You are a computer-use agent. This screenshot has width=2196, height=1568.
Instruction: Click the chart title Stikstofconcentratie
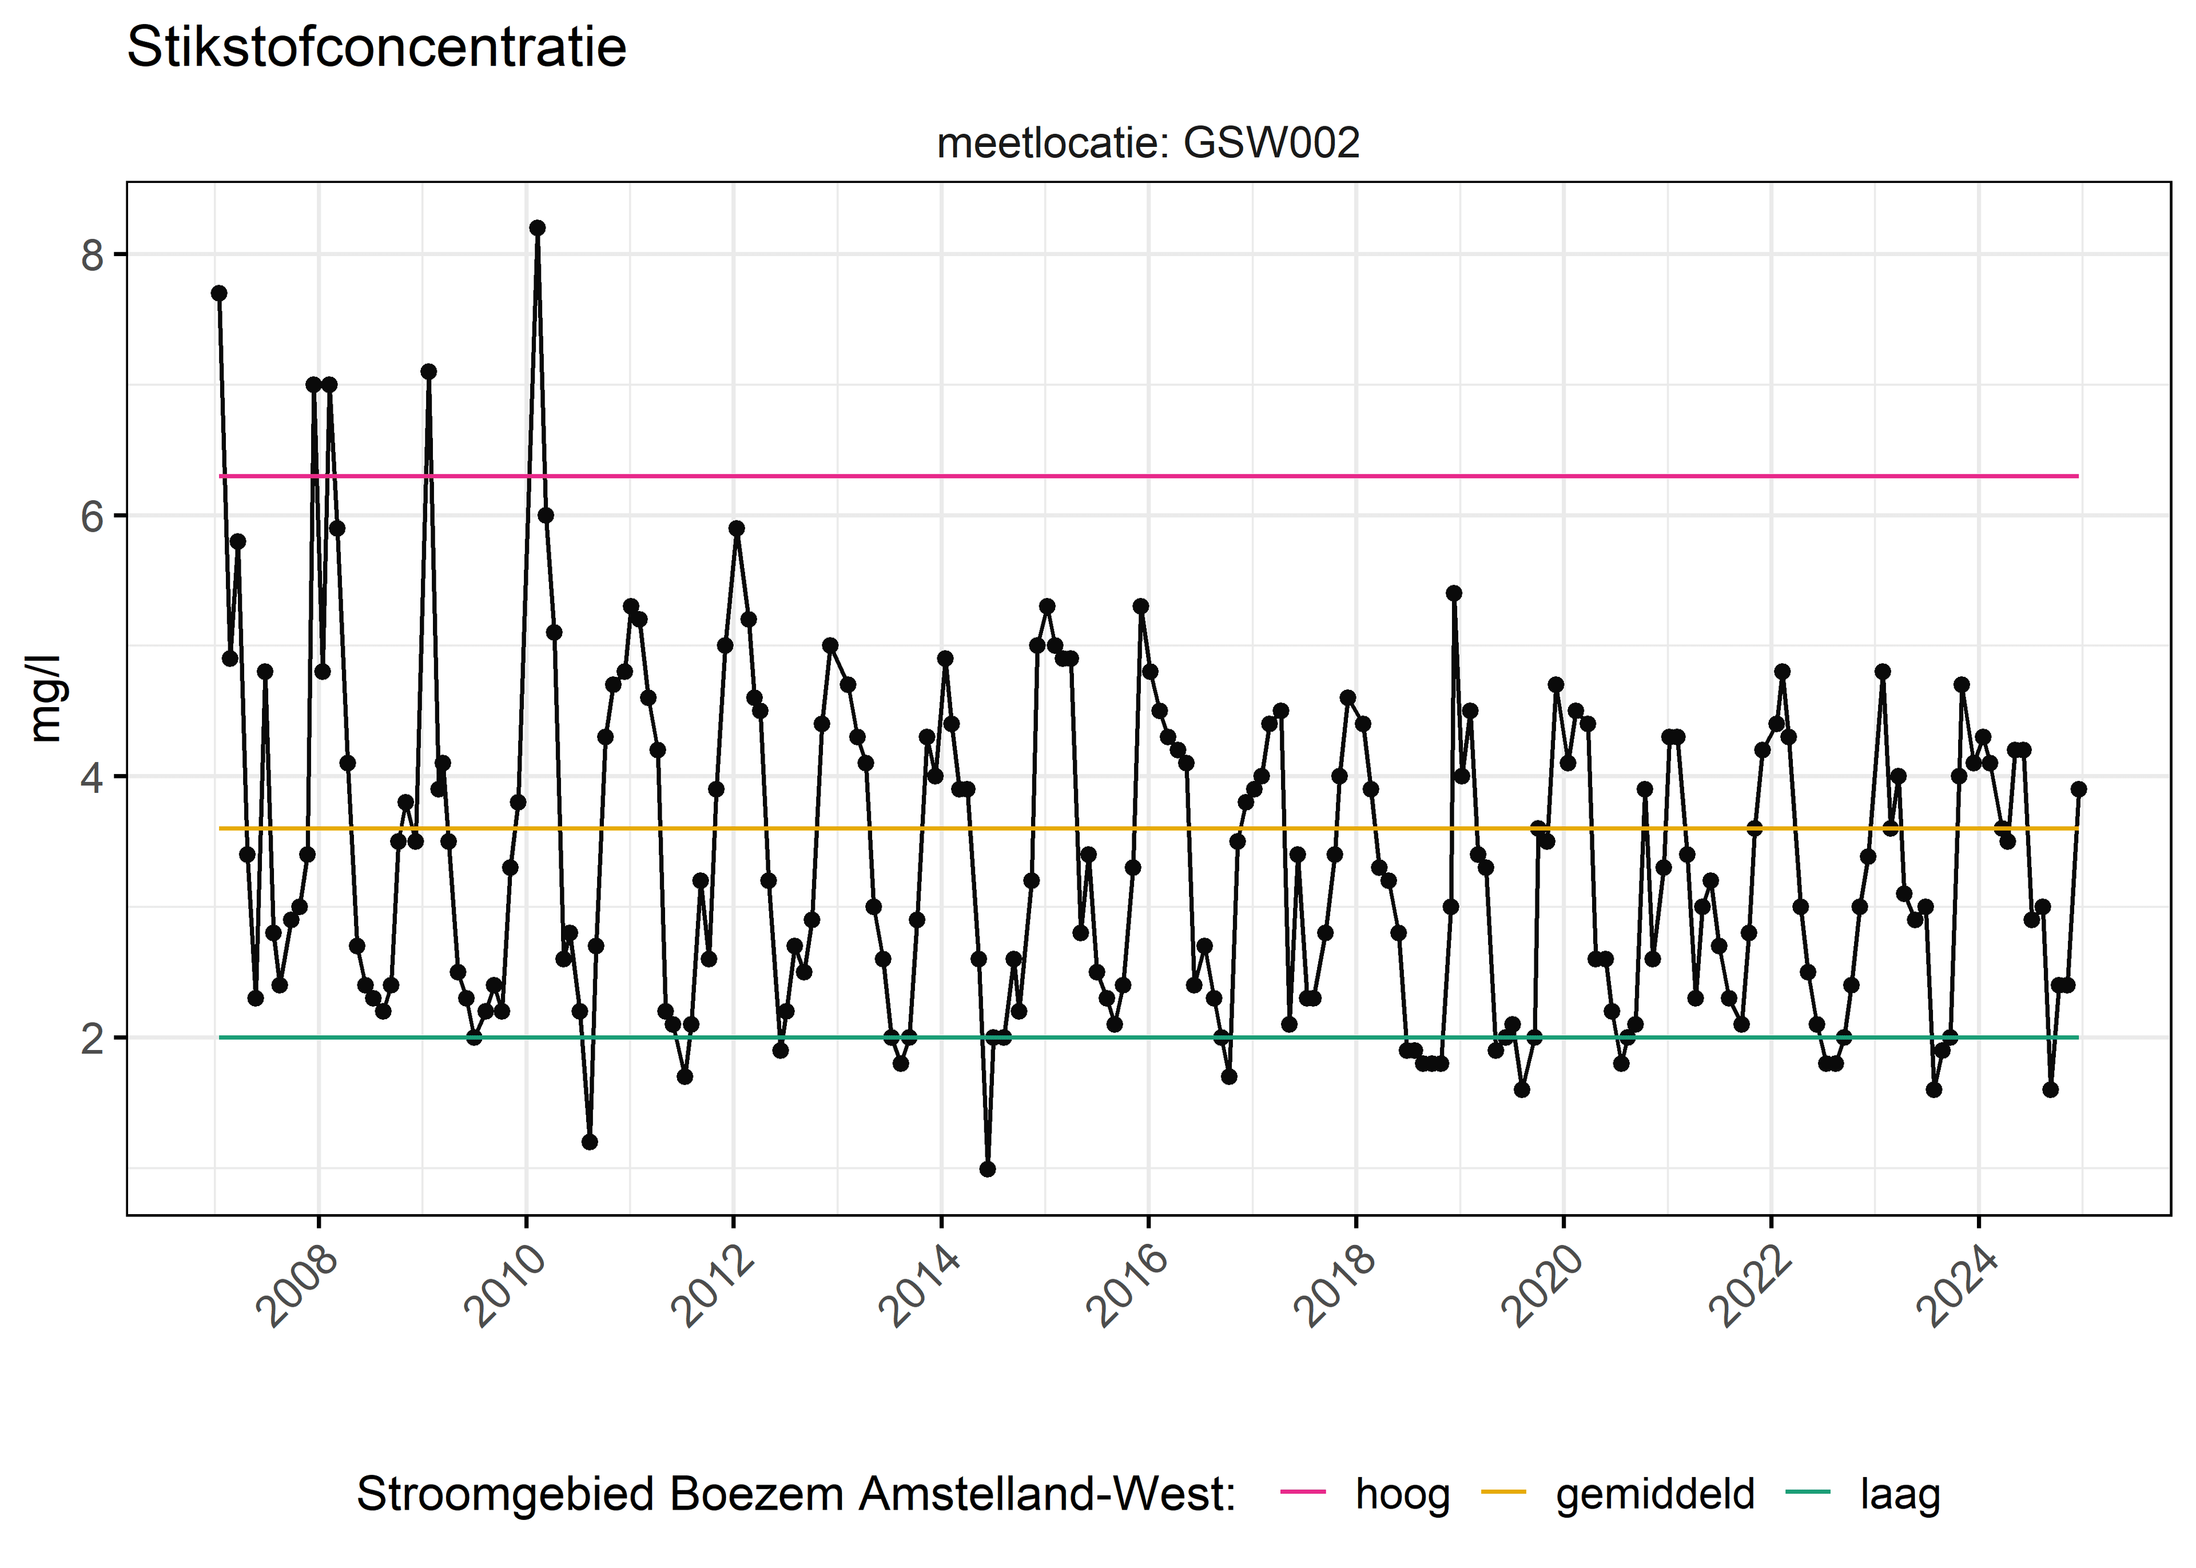[x=377, y=47]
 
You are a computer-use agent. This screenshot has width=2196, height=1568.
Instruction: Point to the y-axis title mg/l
[x=45, y=698]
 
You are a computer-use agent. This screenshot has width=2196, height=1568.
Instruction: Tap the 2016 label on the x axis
[x=1128, y=1286]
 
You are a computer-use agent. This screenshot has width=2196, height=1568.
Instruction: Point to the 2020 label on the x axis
[x=1543, y=1286]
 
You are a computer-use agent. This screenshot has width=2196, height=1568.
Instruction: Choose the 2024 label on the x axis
[x=1958, y=1286]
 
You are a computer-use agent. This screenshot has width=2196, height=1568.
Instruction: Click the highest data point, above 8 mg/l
[x=537, y=228]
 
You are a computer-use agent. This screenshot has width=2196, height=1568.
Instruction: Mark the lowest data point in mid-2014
[x=987, y=1169]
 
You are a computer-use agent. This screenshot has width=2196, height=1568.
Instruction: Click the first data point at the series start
[x=219, y=293]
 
